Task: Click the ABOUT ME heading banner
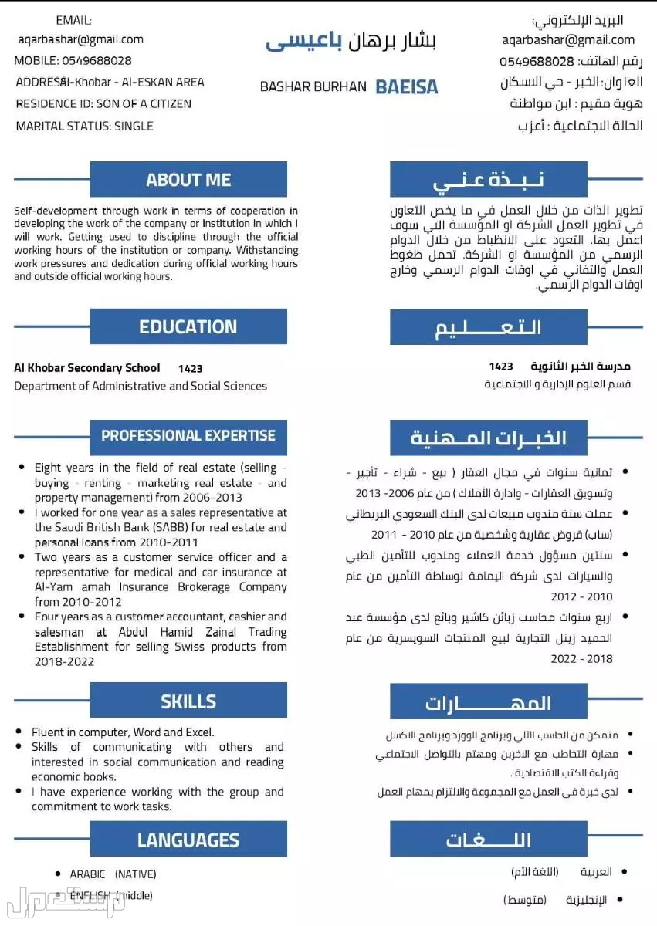tap(188, 180)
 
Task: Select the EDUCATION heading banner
tap(188, 326)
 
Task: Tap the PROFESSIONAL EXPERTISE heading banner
tap(188, 436)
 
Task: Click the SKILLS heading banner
tap(188, 701)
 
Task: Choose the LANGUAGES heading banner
tap(188, 840)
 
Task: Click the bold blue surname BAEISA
tap(406, 86)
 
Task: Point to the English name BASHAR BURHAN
tap(313, 86)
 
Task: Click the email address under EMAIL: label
tap(80, 39)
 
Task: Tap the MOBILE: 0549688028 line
tap(73, 60)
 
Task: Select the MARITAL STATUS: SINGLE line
tap(84, 126)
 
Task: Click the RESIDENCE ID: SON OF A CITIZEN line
tap(103, 103)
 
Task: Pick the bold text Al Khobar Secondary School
tap(87, 368)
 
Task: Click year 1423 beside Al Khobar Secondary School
tap(190, 369)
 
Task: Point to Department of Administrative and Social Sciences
tap(141, 386)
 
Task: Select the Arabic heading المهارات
tap(488, 703)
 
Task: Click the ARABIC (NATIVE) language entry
tap(113, 874)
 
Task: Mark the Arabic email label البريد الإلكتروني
tap(577, 20)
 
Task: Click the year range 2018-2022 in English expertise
tap(65, 661)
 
